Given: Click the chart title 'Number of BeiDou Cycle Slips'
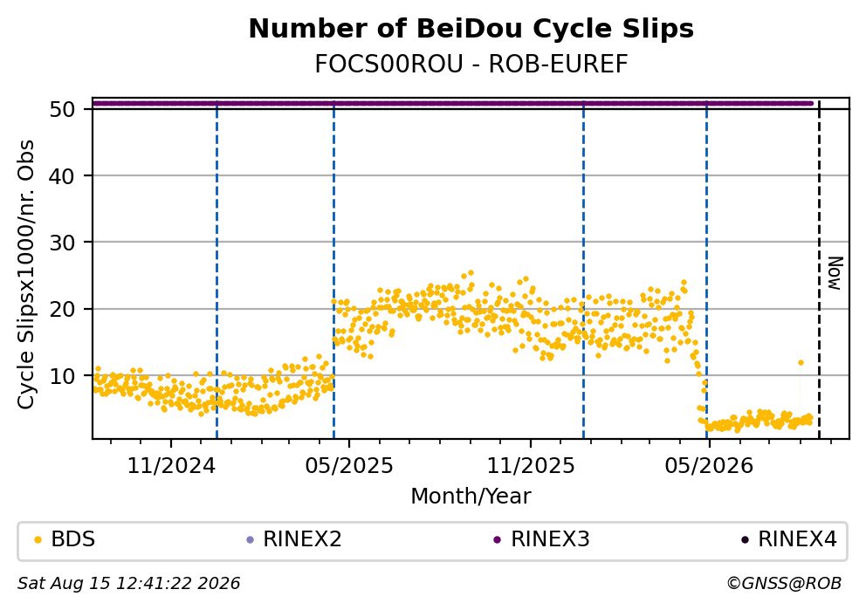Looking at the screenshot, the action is pyautogui.click(x=471, y=29).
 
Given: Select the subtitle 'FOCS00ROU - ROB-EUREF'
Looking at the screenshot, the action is pyautogui.click(x=471, y=65).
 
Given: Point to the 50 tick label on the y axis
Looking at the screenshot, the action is pyautogui.click(x=62, y=109).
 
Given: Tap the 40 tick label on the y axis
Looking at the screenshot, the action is pyautogui.click(x=62, y=176).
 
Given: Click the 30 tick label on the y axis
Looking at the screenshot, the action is pyautogui.click(x=62, y=243).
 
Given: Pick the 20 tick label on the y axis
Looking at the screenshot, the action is pyautogui.click(x=62, y=309).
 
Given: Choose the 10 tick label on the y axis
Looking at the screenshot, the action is pyautogui.click(x=62, y=376).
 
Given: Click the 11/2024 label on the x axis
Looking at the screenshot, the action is pyautogui.click(x=171, y=466).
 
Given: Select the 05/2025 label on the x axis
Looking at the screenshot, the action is pyautogui.click(x=349, y=466).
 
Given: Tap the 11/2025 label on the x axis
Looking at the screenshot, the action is pyautogui.click(x=531, y=466).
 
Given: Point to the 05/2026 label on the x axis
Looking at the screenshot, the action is pyautogui.click(x=709, y=466).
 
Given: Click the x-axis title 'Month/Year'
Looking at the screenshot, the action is pyautogui.click(x=471, y=497).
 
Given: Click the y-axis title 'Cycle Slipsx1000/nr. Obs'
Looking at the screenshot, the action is pyautogui.click(x=26, y=274).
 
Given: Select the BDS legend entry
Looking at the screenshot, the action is pyautogui.click(x=65, y=538).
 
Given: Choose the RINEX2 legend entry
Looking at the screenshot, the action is pyautogui.click(x=294, y=538).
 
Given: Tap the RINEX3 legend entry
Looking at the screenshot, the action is pyautogui.click(x=542, y=538).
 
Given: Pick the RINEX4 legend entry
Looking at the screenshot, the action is pyautogui.click(x=790, y=538).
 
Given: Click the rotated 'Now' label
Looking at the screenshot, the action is pyautogui.click(x=835, y=273).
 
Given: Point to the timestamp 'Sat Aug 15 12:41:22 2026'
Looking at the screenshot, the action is pyautogui.click(x=129, y=584).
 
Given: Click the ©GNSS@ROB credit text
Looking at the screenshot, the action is pyautogui.click(x=784, y=584).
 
